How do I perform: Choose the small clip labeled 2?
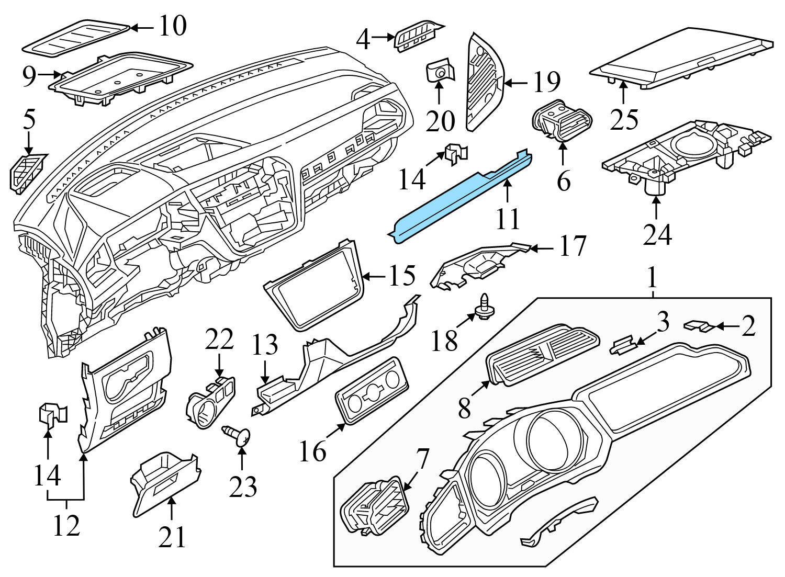[x=698, y=326]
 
